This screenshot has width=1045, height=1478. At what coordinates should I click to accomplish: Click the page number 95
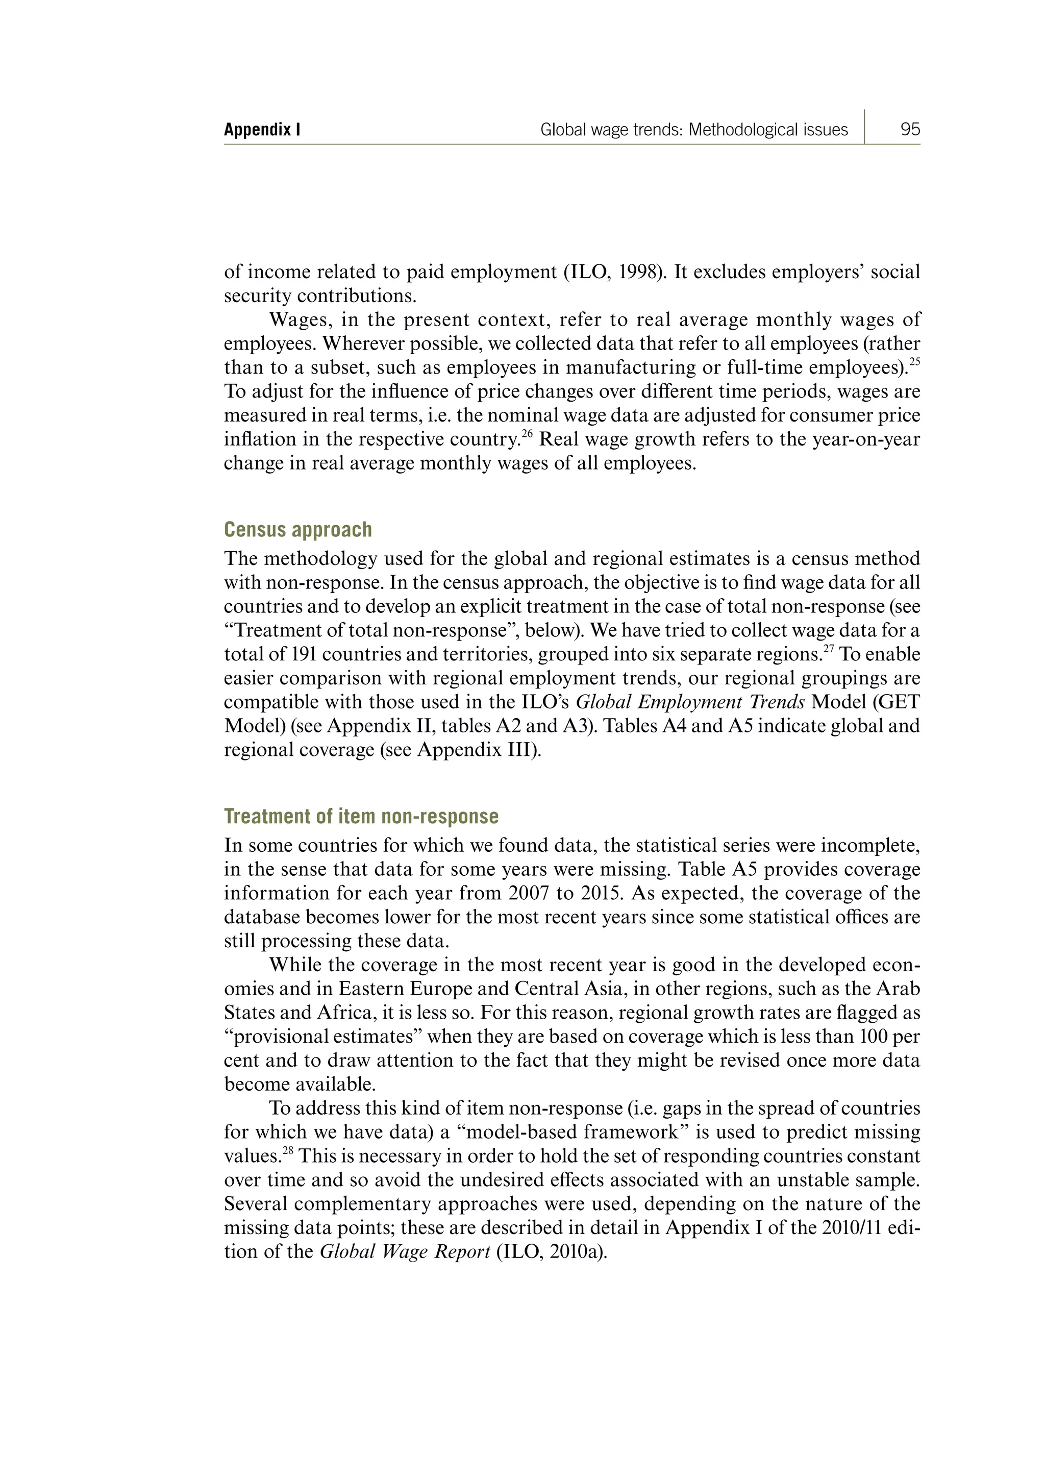(x=910, y=130)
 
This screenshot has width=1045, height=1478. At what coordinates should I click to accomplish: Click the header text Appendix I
(x=262, y=130)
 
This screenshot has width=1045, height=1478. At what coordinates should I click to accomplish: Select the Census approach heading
(x=297, y=529)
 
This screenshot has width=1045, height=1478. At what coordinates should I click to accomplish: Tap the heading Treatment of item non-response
(x=361, y=816)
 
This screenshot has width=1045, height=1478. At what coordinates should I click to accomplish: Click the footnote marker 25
(x=915, y=362)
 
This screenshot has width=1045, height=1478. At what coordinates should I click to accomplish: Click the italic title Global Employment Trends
(x=690, y=702)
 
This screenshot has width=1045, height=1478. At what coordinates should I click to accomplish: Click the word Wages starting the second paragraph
(x=298, y=320)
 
